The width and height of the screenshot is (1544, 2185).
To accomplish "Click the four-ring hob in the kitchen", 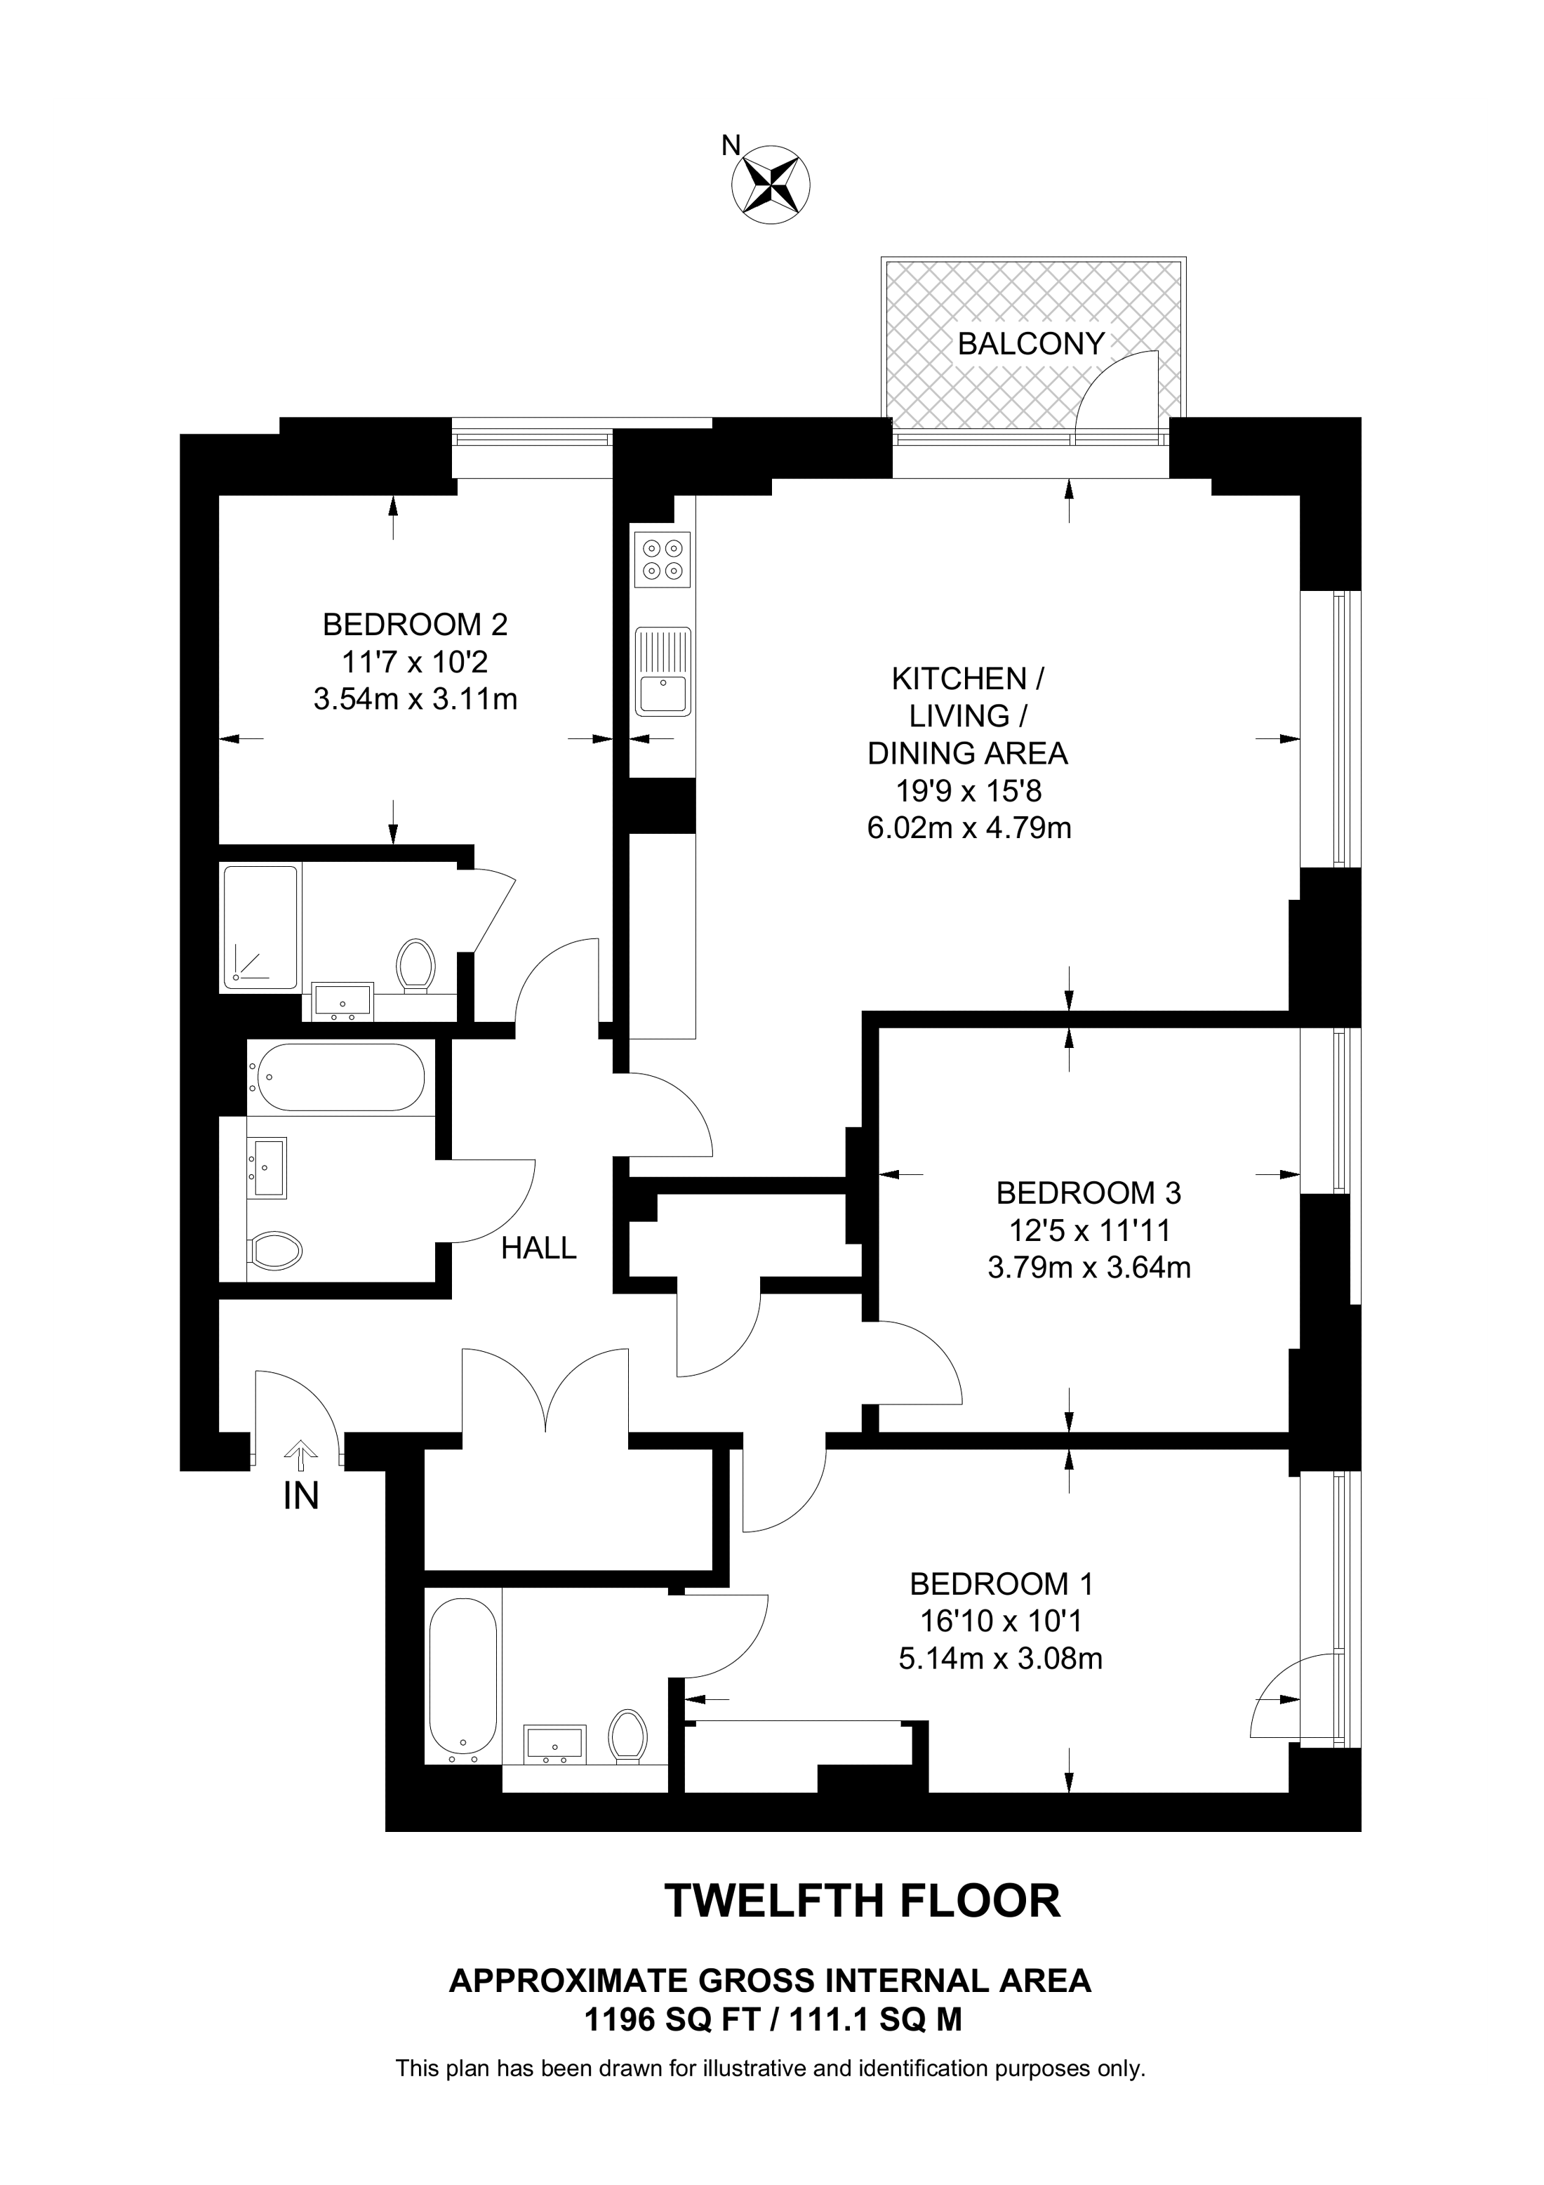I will coord(662,559).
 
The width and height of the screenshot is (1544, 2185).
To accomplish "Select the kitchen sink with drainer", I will coord(663,671).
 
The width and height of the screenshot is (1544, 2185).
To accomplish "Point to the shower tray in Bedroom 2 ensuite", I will coord(260,926).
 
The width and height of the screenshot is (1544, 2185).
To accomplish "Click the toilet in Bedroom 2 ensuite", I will coord(415,965).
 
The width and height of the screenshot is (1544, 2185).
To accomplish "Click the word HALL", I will coord(538,1248).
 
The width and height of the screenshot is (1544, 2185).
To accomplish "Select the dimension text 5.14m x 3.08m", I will coord(1000,1659).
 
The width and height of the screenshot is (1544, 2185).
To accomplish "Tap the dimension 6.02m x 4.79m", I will coord(969,828).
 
